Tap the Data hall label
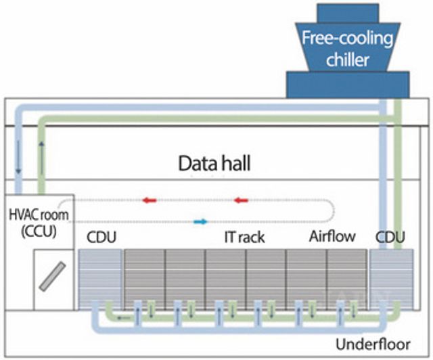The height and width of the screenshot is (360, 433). tap(216, 163)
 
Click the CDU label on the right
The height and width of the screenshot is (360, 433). tap(390, 238)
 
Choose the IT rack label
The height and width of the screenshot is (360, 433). tap(244, 238)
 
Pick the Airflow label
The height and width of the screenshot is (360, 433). tap(330, 238)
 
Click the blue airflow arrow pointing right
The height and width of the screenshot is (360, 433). tap(200, 221)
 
